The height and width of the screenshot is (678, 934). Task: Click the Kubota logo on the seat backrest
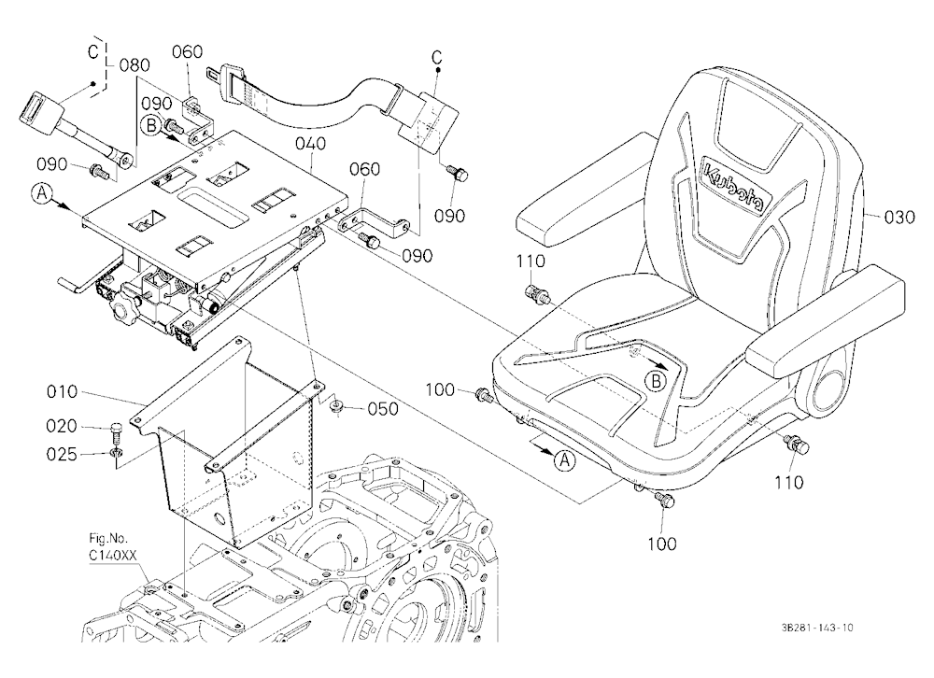pyautogui.click(x=733, y=185)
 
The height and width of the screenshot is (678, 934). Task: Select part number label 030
pyautogui.click(x=899, y=217)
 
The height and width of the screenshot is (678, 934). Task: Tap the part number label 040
pyautogui.click(x=310, y=144)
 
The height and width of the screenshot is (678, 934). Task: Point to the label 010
pyautogui.click(x=62, y=391)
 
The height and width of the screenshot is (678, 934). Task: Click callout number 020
pyautogui.click(x=62, y=426)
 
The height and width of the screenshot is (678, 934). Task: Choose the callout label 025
pyautogui.click(x=62, y=455)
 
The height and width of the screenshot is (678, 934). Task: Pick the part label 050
pyautogui.click(x=383, y=409)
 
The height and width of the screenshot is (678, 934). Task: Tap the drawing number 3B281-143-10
pyautogui.click(x=817, y=628)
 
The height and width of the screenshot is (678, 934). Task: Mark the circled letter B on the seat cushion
pyautogui.click(x=656, y=381)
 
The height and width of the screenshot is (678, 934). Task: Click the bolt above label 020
pyautogui.click(x=118, y=431)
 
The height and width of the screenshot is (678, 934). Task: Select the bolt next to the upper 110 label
pyautogui.click(x=537, y=294)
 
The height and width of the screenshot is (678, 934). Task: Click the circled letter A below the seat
pyautogui.click(x=565, y=459)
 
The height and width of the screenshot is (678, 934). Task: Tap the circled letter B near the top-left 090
pyautogui.click(x=150, y=126)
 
